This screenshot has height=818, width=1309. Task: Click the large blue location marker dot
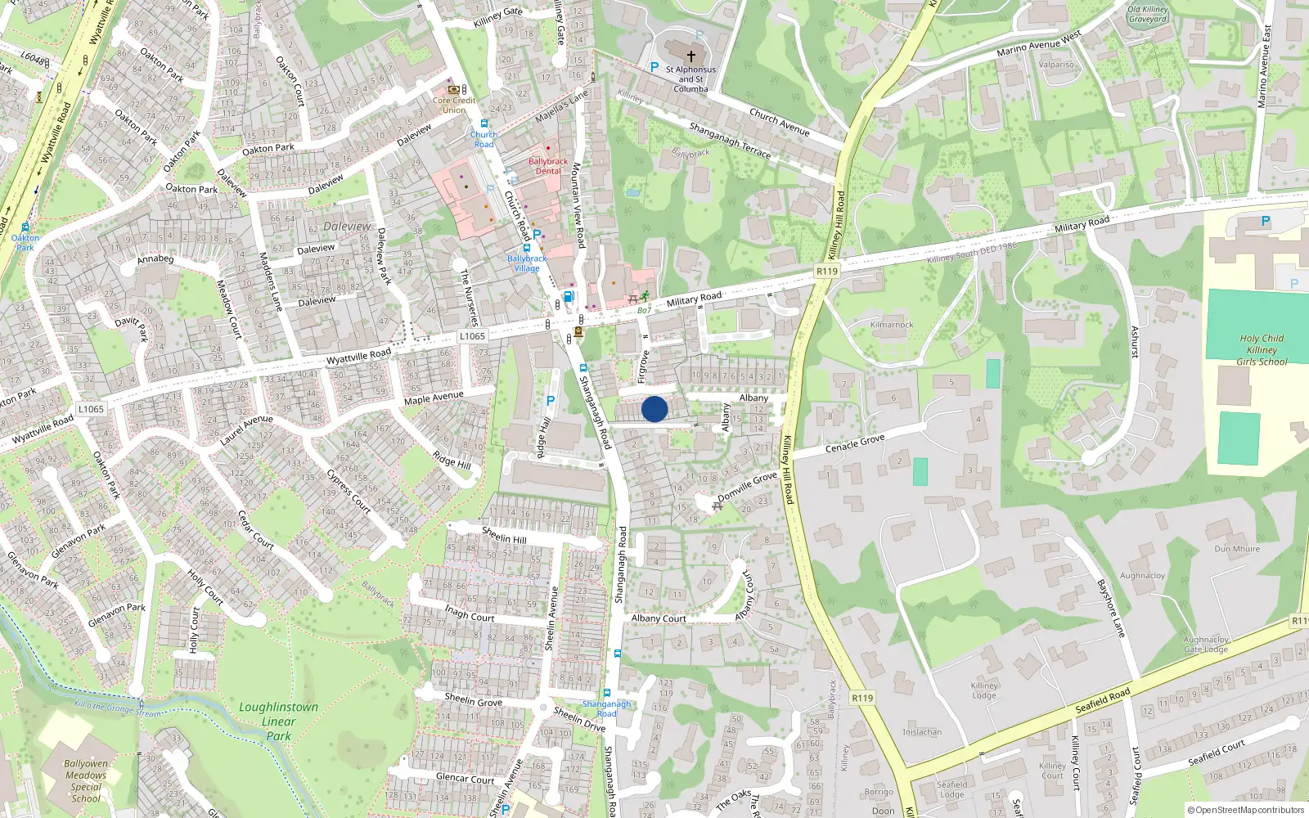pyautogui.click(x=654, y=409)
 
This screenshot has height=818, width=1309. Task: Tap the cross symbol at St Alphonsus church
pyautogui.click(x=690, y=56)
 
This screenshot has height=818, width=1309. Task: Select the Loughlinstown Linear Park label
pyautogui.click(x=278, y=721)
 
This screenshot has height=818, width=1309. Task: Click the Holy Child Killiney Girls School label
pyautogui.click(x=1261, y=349)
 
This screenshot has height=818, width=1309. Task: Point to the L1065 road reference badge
pyautogui.click(x=472, y=335)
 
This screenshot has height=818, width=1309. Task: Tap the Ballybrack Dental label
pyautogui.click(x=547, y=166)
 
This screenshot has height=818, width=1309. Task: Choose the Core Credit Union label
pyautogui.click(x=454, y=105)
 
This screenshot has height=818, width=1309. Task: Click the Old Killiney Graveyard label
pyautogui.click(x=1147, y=14)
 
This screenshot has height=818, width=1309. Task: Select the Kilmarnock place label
pyautogui.click(x=892, y=325)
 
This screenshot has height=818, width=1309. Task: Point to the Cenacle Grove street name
pyautogui.click(x=855, y=443)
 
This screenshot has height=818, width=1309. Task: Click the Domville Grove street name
pyautogui.click(x=747, y=487)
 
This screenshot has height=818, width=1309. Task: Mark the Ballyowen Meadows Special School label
pyautogui.click(x=86, y=780)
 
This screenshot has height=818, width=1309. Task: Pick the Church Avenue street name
pyautogui.click(x=780, y=123)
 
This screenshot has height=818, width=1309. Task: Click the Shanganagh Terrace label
pyautogui.click(x=730, y=140)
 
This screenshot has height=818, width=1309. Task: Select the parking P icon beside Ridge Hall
pyautogui.click(x=551, y=401)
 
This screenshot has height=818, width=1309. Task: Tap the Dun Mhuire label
pyautogui.click(x=1237, y=549)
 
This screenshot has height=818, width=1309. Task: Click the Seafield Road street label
pyautogui.click(x=1102, y=700)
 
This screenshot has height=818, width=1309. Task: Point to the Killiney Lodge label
pyautogui.click(x=984, y=690)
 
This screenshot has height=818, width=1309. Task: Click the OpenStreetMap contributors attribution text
pyautogui.click(x=1246, y=810)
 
